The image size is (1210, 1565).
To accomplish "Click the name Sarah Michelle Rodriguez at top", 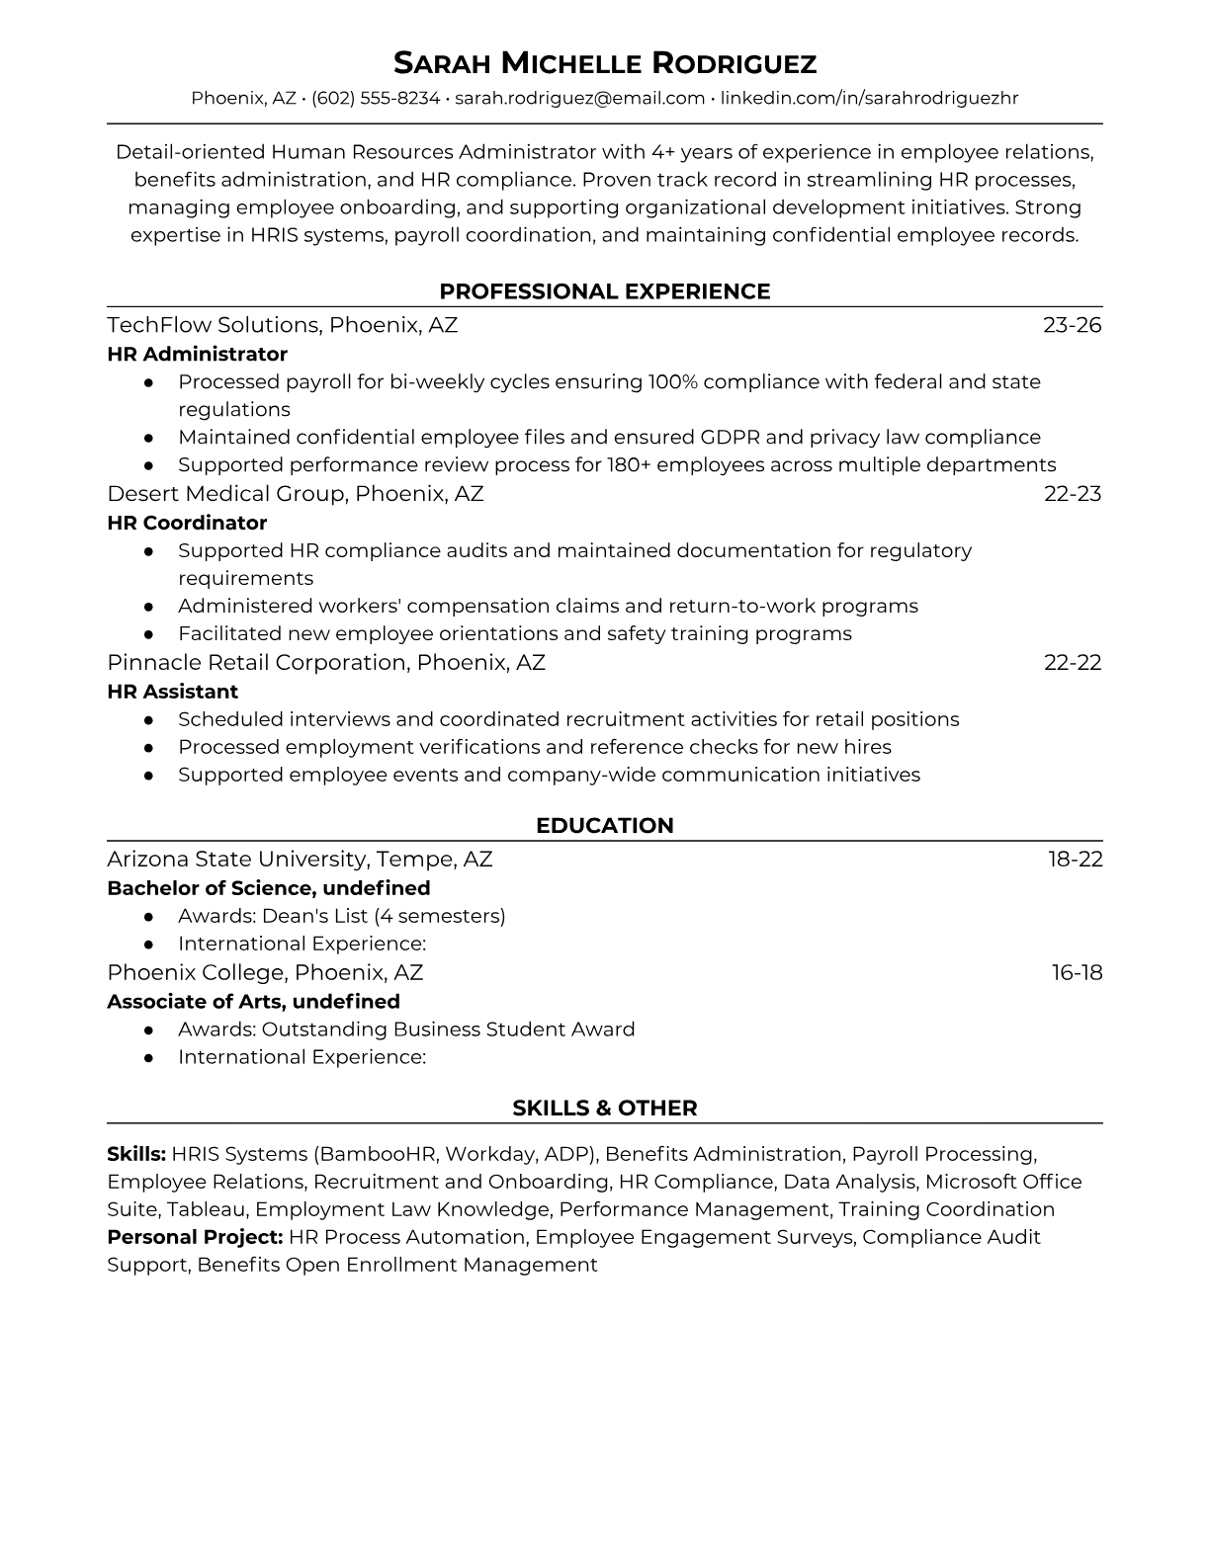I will pyautogui.click(x=604, y=63).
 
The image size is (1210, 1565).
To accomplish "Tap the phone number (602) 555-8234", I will pyautogui.click(x=376, y=98).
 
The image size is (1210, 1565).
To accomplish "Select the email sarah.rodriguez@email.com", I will pyautogui.click(x=579, y=98).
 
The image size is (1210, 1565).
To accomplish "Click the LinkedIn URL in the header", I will pyautogui.click(x=869, y=98).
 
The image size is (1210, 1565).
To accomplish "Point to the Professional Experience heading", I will pyautogui.click(x=604, y=291).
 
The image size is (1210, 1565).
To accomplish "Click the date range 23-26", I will pyautogui.click(x=1072, y=325).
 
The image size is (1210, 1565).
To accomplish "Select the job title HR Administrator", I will pyautogui.click(x=197, y=354).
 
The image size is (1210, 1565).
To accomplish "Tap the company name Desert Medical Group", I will pyautogui.click(x=225, y=494).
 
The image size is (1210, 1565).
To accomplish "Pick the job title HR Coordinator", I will pyautogui.click(x=187, y=523).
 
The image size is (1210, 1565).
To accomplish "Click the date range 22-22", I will pyautogui.click(x=1073, y=663).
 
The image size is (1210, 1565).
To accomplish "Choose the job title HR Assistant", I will pyautogui.click(x=172, y=692).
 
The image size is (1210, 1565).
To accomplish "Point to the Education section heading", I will pyautogui.click(x=604, y=826).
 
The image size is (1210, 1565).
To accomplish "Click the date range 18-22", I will pyautogui.click(x=1075, y=860).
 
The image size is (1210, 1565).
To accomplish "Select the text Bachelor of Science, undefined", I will pyautogui.click(x=268, y=888).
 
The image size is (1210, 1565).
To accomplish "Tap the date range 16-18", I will pyautogui.click(x=1077, y=973).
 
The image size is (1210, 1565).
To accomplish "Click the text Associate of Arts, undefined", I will pyautogui.click(x=253, y=1002).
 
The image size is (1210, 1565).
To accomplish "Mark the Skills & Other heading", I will pyautogui.click(x=604, y=1109).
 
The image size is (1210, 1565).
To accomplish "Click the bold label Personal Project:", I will pyautogui.click(x=195, y=1237).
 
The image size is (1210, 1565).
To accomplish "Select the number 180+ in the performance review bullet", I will pyautogui.click(x=629, y=465).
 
